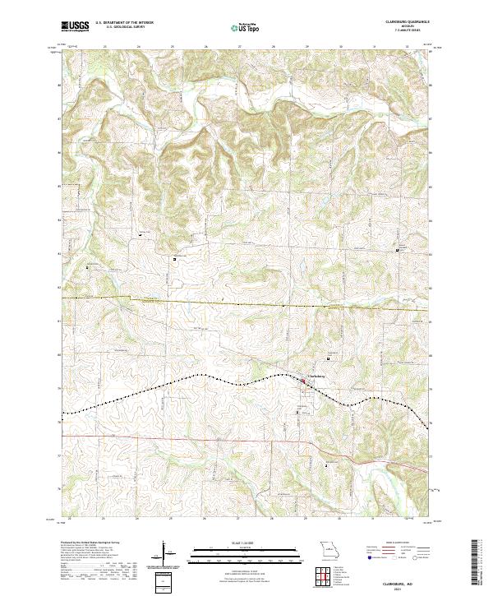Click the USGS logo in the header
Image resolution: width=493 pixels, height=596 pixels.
[75, 26]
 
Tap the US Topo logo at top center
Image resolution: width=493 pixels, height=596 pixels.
[246, 27]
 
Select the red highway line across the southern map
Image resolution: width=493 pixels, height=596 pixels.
[205, 440]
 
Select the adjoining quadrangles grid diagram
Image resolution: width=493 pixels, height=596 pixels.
[329, 577]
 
